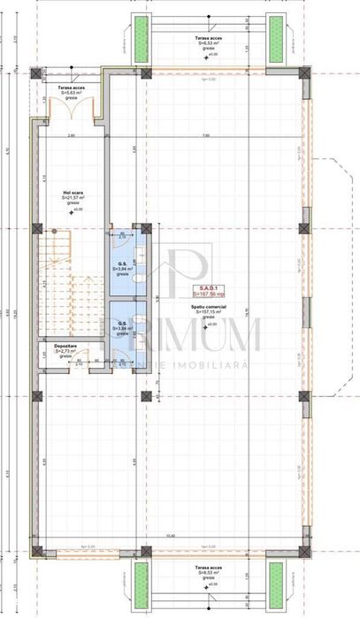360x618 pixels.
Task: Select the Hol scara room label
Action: point(72,191)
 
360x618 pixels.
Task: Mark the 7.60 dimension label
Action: point(205,135)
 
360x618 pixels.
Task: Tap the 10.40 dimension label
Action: point(218,536)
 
